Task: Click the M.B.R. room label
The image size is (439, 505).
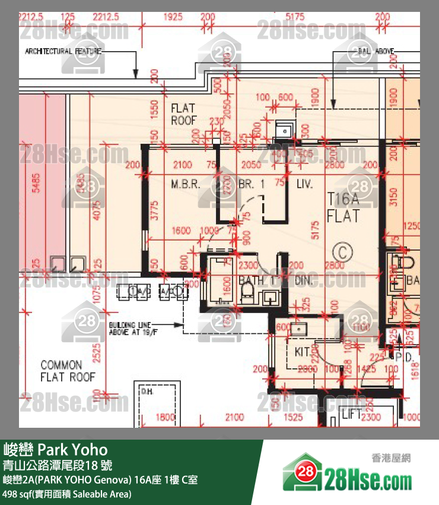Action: click(184, 185)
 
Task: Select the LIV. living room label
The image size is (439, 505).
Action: click(304, 185)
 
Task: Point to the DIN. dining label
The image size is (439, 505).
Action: click(303, 280)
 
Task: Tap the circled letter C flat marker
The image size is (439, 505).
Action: click(342, 252)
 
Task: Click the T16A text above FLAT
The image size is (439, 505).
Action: click(343, 199)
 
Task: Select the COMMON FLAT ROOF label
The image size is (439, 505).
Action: click(68, 371)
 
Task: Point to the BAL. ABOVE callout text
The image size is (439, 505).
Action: click(376, 52)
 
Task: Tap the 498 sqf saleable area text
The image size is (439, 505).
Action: click(67, 494)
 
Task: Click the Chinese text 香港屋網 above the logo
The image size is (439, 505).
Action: click(392, 458)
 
